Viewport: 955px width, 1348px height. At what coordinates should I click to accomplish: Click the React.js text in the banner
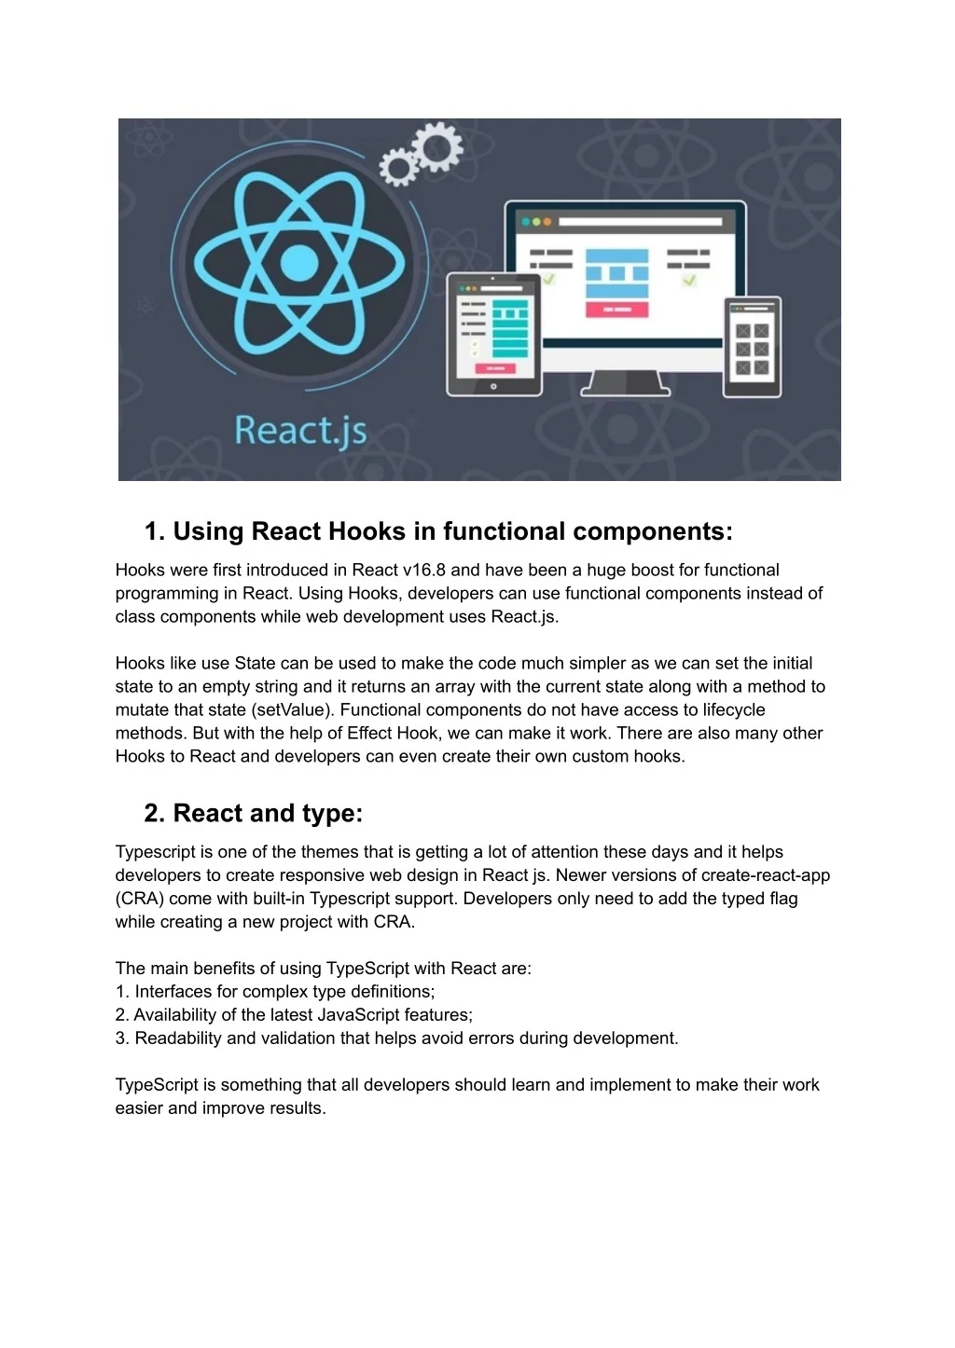[x=300, y=431]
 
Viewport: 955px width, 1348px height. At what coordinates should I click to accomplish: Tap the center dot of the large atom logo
[x=298, y=262]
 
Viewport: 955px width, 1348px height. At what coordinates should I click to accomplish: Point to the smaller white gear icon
[x=399, y=169]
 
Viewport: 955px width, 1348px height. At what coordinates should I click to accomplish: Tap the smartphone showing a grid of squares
[x=752, y=347]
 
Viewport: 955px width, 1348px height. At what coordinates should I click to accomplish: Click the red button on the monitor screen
[x=616, y=309]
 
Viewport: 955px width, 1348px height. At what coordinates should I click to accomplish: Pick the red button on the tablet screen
[x=495, y=368]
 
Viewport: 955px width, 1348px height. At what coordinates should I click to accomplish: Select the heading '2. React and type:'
[x=254, y=813]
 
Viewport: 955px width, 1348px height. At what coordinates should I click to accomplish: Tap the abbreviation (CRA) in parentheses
[x=137, y=899]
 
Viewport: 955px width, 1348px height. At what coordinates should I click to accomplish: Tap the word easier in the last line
[x=139, y=1108]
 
